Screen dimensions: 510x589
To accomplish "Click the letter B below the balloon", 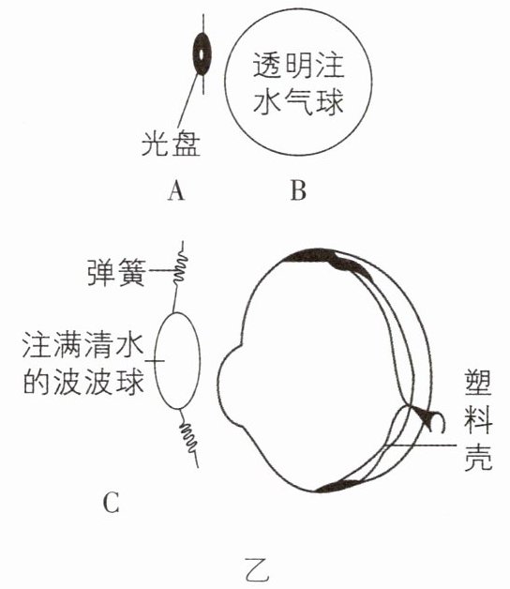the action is pyautogui.click(x=298, y=190).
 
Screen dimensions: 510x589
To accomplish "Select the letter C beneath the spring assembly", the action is pyautogui.click(x=112, y=503).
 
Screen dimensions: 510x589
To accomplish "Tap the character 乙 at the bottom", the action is pyautogui.click(x=257, y=570).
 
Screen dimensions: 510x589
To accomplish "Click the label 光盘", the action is pyautogui.click(x=172, y=143).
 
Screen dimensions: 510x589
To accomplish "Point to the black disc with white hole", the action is pyautogui.click(x=202, y=54).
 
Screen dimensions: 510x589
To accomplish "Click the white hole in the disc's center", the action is pyautogui.click(x=202, y=54).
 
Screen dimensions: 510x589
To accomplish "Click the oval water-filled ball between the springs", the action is pyautogui.click(x=177, y=360).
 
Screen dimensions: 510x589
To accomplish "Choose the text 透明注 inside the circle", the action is pyautogui.click(x=298, y=66).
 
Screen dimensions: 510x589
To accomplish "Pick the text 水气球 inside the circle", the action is pyautogui.click(x=298, y=101).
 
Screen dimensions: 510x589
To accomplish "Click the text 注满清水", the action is pyautogui.click(x=82, y=344).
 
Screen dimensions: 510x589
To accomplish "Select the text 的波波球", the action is pyautogui.click(x=83, y=383).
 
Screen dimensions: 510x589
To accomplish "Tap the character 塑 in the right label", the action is pyautogui.click(x=478, y=383).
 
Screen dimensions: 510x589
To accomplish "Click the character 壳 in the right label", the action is pyautogui.click(x=478, y=458).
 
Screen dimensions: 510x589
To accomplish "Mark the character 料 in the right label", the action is pyautogui.click(x=478, y=421).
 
